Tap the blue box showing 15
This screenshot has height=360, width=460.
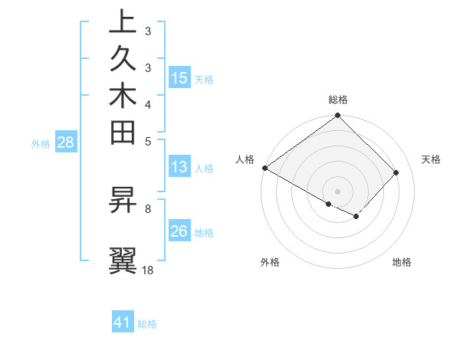[x=179, y=78]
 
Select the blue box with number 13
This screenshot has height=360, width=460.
[x=179, y=168]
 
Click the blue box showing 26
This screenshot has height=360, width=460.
[x=179, y=231]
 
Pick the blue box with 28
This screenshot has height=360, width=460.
[x=65, y=142]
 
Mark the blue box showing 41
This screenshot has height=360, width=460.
[x=123, y=322]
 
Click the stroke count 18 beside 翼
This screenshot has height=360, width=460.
[x=148, y=270]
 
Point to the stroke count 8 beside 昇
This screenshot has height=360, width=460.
[x=148, y=208]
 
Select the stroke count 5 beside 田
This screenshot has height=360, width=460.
[x=148, y=141]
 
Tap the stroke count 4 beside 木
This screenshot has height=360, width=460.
[x=148, y=104]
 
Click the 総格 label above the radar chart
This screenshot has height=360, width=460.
[x=338, y=100]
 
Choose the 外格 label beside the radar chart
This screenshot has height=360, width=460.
[x=270, y=263]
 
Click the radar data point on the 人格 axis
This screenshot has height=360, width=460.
[x=264, y=168]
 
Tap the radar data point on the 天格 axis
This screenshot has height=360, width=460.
[x=396, y=172]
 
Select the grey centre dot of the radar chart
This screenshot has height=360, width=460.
[x=338, y=191]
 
